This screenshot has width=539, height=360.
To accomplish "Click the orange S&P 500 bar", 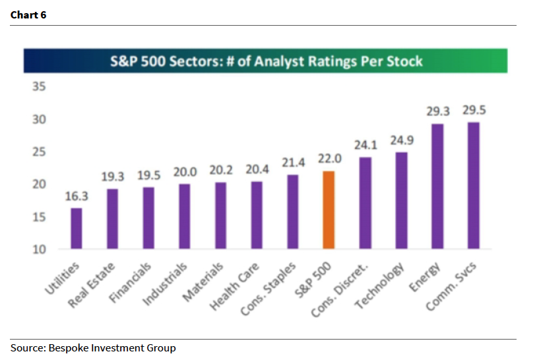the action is point(329,210).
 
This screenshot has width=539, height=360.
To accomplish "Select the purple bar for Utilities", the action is point(77,228).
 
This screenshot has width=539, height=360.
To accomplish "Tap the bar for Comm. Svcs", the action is point(473,185).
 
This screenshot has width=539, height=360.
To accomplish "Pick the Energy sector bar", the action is point(437,186).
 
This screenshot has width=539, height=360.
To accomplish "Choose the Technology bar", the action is point(402,200).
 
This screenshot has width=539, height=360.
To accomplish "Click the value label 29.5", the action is point(474,110).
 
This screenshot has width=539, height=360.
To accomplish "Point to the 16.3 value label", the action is point(77,196).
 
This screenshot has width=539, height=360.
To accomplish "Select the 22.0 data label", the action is point(330,159).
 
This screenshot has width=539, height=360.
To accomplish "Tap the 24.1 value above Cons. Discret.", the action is point(365,145).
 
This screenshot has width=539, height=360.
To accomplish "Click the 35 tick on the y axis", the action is point(39,86).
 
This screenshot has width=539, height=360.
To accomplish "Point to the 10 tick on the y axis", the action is point(39,249).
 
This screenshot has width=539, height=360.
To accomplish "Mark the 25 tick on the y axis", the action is point(39,152).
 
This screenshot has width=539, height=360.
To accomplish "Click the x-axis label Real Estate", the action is point(91,285).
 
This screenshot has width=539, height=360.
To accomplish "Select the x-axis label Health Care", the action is point(234,287).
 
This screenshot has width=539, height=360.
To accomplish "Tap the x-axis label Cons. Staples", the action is point(268,289).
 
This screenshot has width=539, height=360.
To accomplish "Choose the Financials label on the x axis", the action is point(130,283).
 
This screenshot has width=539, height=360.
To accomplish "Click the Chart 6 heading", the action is point(28,15).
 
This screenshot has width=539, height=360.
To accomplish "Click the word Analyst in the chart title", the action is point(279,61).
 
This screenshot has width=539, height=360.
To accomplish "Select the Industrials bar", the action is point(185,216).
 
